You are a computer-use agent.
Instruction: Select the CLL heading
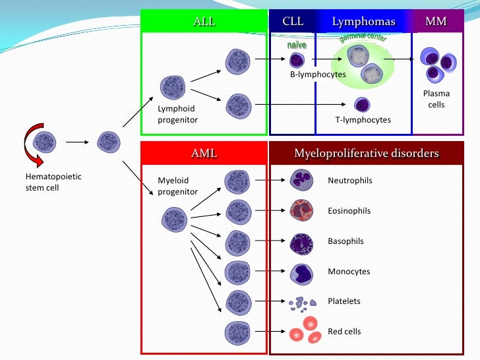(x=293, y=22)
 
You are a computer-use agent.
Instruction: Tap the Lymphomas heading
(x=363, y=22)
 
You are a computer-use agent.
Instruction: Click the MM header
(x=436, y=22)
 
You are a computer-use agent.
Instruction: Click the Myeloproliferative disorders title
(x=366, y=154)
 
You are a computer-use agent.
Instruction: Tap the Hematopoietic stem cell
(x=45, y=140)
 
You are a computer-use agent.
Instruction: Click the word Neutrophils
(x=349, y=180)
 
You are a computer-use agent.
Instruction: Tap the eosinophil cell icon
(x=301, y=210)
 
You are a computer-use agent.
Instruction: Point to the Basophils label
(x=345, y=241)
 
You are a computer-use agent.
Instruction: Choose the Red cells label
(x=344, y=331)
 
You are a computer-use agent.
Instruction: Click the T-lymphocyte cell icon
(x=361, y=104)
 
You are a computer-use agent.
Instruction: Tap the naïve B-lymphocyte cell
(x=297, y=61)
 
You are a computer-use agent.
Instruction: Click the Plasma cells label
(x=436, y=99)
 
